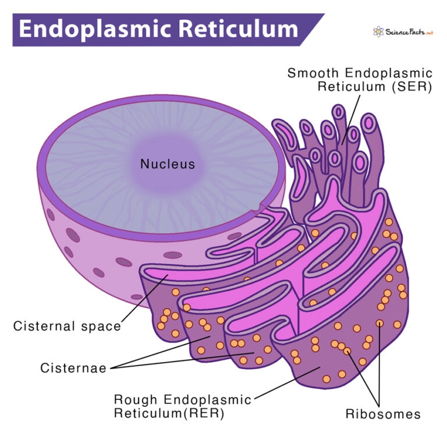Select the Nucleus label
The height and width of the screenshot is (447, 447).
pos(168,165)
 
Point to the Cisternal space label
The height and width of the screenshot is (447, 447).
pos(67,326)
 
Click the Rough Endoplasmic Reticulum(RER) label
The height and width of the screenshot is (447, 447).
pos(182,407)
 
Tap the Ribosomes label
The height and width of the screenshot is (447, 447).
pos(382,414)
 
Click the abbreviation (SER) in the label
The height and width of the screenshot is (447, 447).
pos(413,87)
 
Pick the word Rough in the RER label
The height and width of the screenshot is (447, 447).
pos(134,400)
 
